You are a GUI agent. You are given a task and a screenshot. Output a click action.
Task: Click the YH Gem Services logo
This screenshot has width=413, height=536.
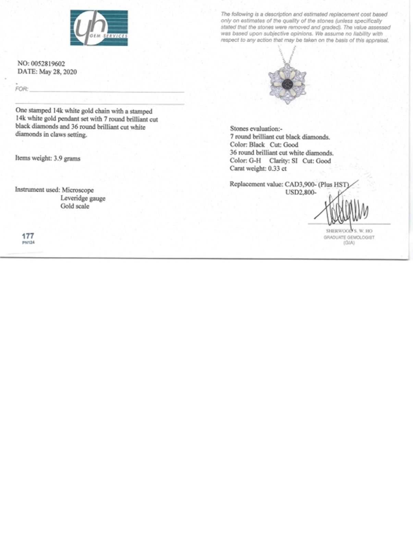[99, 28]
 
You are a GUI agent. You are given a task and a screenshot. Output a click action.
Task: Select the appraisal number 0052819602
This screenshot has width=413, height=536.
[48, 64]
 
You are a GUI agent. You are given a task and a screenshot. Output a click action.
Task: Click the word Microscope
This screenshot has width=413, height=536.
[78, 190]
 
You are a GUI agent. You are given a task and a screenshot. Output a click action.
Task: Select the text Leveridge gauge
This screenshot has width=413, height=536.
[83, 198]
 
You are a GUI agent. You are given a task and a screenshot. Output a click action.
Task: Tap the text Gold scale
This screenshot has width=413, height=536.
[75, 206]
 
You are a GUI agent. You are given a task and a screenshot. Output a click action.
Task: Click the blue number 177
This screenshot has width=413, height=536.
[28, 236]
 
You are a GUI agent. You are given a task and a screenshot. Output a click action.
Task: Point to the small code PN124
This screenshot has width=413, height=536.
[28, 242]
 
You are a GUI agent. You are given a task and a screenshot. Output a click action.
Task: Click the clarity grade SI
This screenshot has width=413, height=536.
[294, 161]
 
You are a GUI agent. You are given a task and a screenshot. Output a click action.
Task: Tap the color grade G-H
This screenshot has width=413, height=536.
[255, 161]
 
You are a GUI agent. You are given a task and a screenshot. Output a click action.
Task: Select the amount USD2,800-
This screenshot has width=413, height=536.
[301, 192]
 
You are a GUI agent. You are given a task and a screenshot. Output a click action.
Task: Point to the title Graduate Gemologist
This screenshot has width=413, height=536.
[349, 237]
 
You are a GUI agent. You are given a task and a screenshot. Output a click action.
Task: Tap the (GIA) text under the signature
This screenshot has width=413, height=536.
[349, 243]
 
